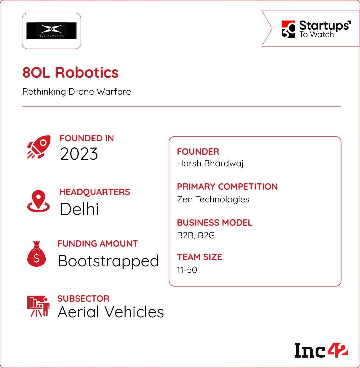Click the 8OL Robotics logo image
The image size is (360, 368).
coord(51,31)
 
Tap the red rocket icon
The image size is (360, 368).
coord(39,147)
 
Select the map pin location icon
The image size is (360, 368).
coord(38,201)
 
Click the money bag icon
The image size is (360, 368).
coord(37,254)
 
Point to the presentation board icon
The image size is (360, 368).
coord(38,306)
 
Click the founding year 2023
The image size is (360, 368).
coord(79,154)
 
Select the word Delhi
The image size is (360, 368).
coord(79,209)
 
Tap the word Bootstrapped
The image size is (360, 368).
coord(108,261)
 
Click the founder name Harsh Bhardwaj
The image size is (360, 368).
coord(210,164)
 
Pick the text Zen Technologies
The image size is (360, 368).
coord(213,199)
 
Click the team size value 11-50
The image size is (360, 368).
coord(187,270)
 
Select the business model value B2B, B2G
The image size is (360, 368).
coord(196,235)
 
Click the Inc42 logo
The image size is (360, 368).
coord(321,350)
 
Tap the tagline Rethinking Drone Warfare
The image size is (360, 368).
coord(77,92)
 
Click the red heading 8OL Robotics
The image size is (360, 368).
coord(70,72)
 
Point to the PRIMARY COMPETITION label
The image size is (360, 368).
coord(227,187)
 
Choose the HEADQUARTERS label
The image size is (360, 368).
coord(95,192)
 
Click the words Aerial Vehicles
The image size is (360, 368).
coord(111,312)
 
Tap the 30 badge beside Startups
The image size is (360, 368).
coord(288,29)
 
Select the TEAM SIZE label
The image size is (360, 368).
coord(199,257)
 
